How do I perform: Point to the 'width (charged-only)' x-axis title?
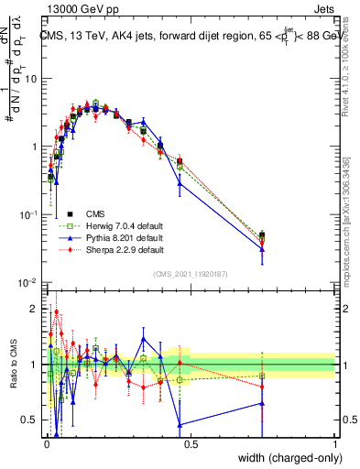point(285,456)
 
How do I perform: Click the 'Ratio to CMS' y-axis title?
point(13,364)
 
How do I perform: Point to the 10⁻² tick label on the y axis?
point(27,283)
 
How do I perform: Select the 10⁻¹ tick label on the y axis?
point(27,214)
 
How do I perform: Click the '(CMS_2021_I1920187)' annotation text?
point(191,273)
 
